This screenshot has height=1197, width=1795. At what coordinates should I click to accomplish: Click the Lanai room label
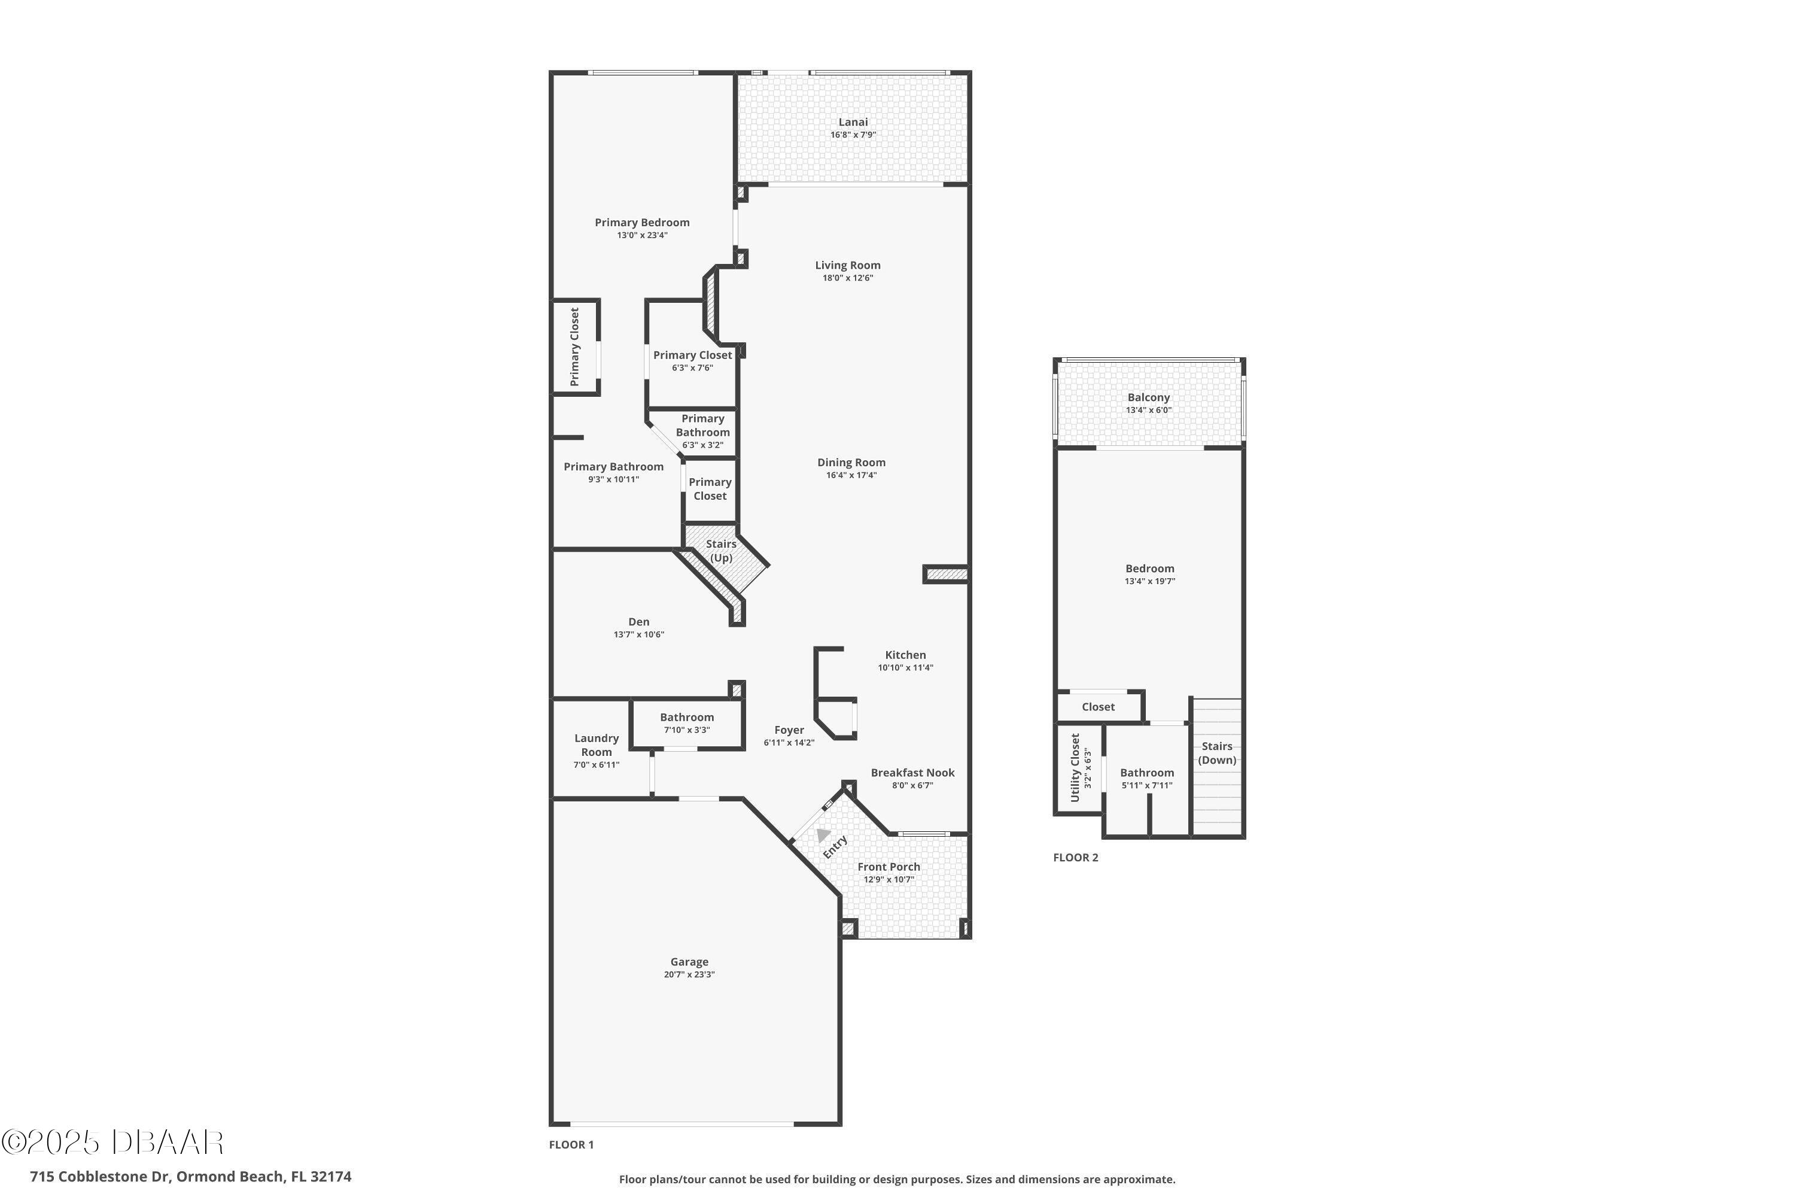(853, 122)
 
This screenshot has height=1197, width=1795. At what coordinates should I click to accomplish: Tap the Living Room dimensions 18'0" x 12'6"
(847, 278)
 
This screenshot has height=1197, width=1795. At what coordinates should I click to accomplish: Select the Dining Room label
(851, 463)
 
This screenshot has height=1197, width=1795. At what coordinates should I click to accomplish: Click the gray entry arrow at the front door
(823, 834)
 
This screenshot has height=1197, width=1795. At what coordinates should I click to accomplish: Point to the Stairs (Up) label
(720, 551)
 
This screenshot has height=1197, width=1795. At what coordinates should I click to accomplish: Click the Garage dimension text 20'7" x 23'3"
(689, 975)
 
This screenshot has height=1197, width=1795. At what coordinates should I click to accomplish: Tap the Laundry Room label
(596, 745)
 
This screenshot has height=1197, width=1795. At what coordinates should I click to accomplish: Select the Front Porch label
(889, 867)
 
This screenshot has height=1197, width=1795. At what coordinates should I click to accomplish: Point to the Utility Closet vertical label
(1075, 767)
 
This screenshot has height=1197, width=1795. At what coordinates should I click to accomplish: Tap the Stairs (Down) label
(1216, 753)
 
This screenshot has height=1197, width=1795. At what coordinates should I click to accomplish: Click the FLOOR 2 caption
(1075, 857)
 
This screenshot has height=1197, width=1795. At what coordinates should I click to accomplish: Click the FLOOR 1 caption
(571, 1144)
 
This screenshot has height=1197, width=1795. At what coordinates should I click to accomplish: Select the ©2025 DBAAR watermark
(112, 1142)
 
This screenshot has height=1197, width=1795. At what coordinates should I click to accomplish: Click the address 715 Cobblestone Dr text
(191, 1177)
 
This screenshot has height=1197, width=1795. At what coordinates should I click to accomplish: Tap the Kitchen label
(905, 655)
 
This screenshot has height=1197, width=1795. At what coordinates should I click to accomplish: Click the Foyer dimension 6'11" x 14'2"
(789, 743)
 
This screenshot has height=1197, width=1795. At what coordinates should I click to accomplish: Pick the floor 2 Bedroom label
(1149, 569)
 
